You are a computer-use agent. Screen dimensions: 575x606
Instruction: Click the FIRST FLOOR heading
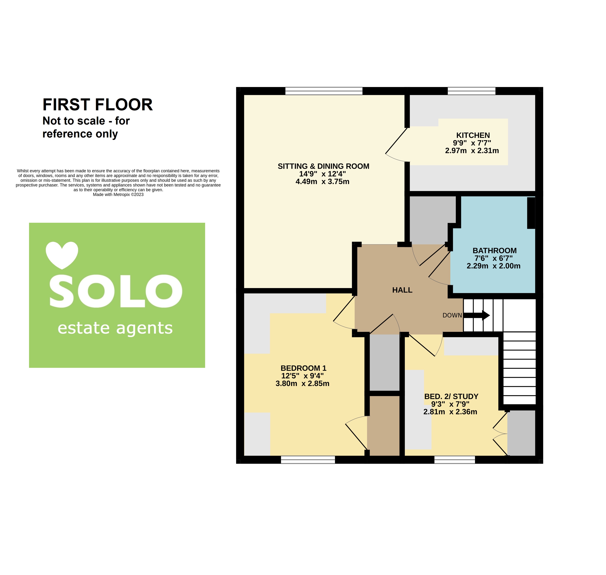[x=97, y=105]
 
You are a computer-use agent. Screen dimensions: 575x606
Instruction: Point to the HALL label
[x=402, y=290]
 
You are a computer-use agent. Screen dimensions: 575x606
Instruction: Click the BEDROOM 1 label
[x=303, y=368]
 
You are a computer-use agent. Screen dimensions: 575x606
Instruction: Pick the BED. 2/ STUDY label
[x=451, y=396]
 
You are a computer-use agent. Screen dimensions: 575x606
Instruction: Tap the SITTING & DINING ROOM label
[x=323, y=166]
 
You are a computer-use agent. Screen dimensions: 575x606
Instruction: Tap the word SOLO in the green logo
[x=116, y=291]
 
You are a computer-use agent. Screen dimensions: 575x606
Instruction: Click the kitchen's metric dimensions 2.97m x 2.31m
[x=472, y=150]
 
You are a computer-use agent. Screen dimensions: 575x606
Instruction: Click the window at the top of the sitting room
[x=324, y=91]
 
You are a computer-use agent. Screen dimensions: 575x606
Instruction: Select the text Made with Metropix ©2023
[x=118, y=194]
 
